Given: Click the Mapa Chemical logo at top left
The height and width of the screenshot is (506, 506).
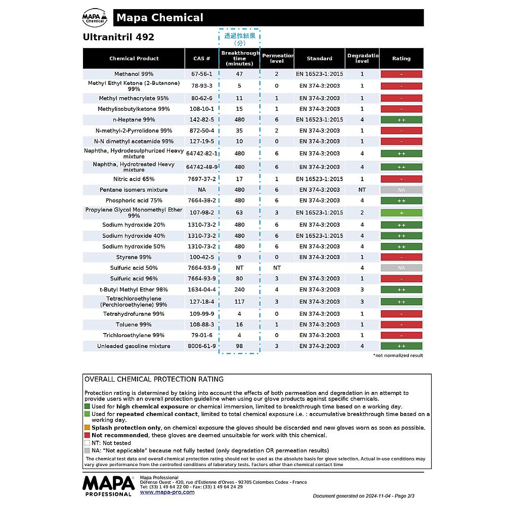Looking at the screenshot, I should (x=95, y=18).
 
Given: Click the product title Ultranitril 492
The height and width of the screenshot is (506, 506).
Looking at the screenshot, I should (x=118, y=37).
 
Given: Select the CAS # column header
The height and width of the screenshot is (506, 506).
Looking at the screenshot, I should (x=201, y=59).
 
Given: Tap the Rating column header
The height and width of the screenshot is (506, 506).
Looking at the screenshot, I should (x=401, y=59).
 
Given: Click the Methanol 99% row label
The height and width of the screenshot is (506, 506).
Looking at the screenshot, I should (x=134, y=74).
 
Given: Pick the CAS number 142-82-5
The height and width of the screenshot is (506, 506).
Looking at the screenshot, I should (x=201, y=120).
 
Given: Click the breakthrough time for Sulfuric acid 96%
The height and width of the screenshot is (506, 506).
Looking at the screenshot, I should (x=239, y=279).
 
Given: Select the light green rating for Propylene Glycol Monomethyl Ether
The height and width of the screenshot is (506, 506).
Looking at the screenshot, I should (x=401, y=213).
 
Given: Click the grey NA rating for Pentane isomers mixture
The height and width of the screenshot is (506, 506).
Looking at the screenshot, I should (x=401, y=190).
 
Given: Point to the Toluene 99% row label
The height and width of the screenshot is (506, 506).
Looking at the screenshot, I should (x=134, y=325).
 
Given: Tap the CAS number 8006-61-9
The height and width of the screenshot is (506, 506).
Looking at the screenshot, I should (x=201, y=346).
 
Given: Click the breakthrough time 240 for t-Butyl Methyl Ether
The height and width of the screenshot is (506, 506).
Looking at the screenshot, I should (x=239, y=290).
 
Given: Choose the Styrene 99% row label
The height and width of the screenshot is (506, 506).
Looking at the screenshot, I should (x=134, y=257).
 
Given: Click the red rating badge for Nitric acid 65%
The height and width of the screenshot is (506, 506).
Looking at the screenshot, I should (x=401, y=179).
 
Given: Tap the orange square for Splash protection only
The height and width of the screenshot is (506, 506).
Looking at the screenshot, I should (x=87, y=428).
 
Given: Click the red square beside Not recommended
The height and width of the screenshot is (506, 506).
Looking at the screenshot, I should (x=87, y=435).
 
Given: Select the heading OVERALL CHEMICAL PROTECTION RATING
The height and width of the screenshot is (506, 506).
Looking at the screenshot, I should (x=154, y=379).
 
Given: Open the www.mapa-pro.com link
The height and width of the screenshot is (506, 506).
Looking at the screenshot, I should (x=167, y=492).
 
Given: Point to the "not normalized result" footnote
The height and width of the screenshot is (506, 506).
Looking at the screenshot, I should (x=398, y=356).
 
